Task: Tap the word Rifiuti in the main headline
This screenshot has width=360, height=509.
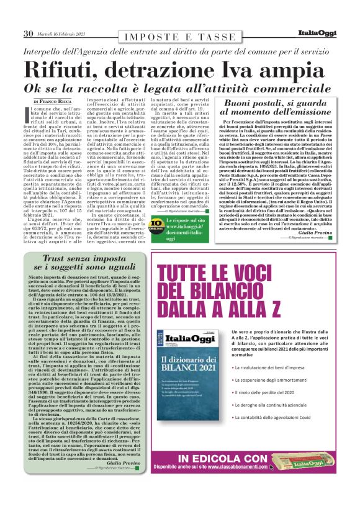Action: click(65, 68)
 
